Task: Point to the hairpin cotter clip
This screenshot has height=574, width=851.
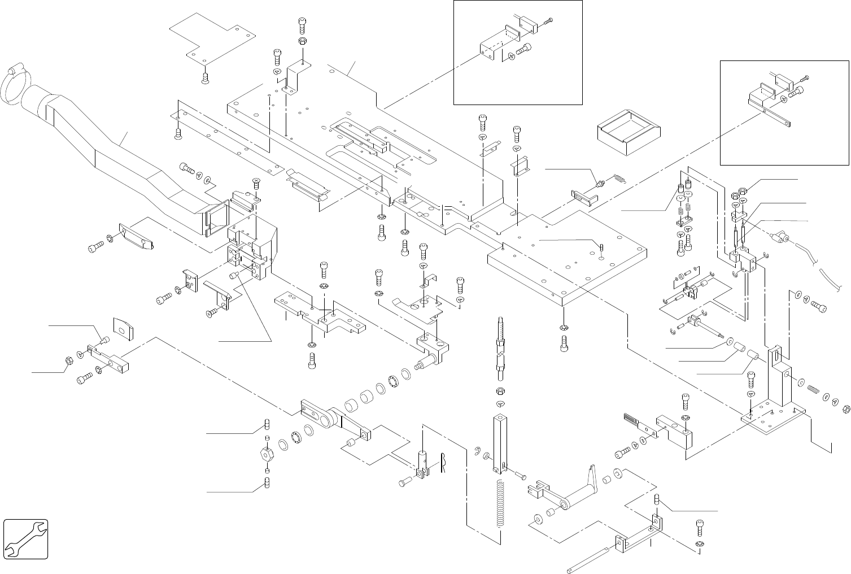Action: coord(444,464)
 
